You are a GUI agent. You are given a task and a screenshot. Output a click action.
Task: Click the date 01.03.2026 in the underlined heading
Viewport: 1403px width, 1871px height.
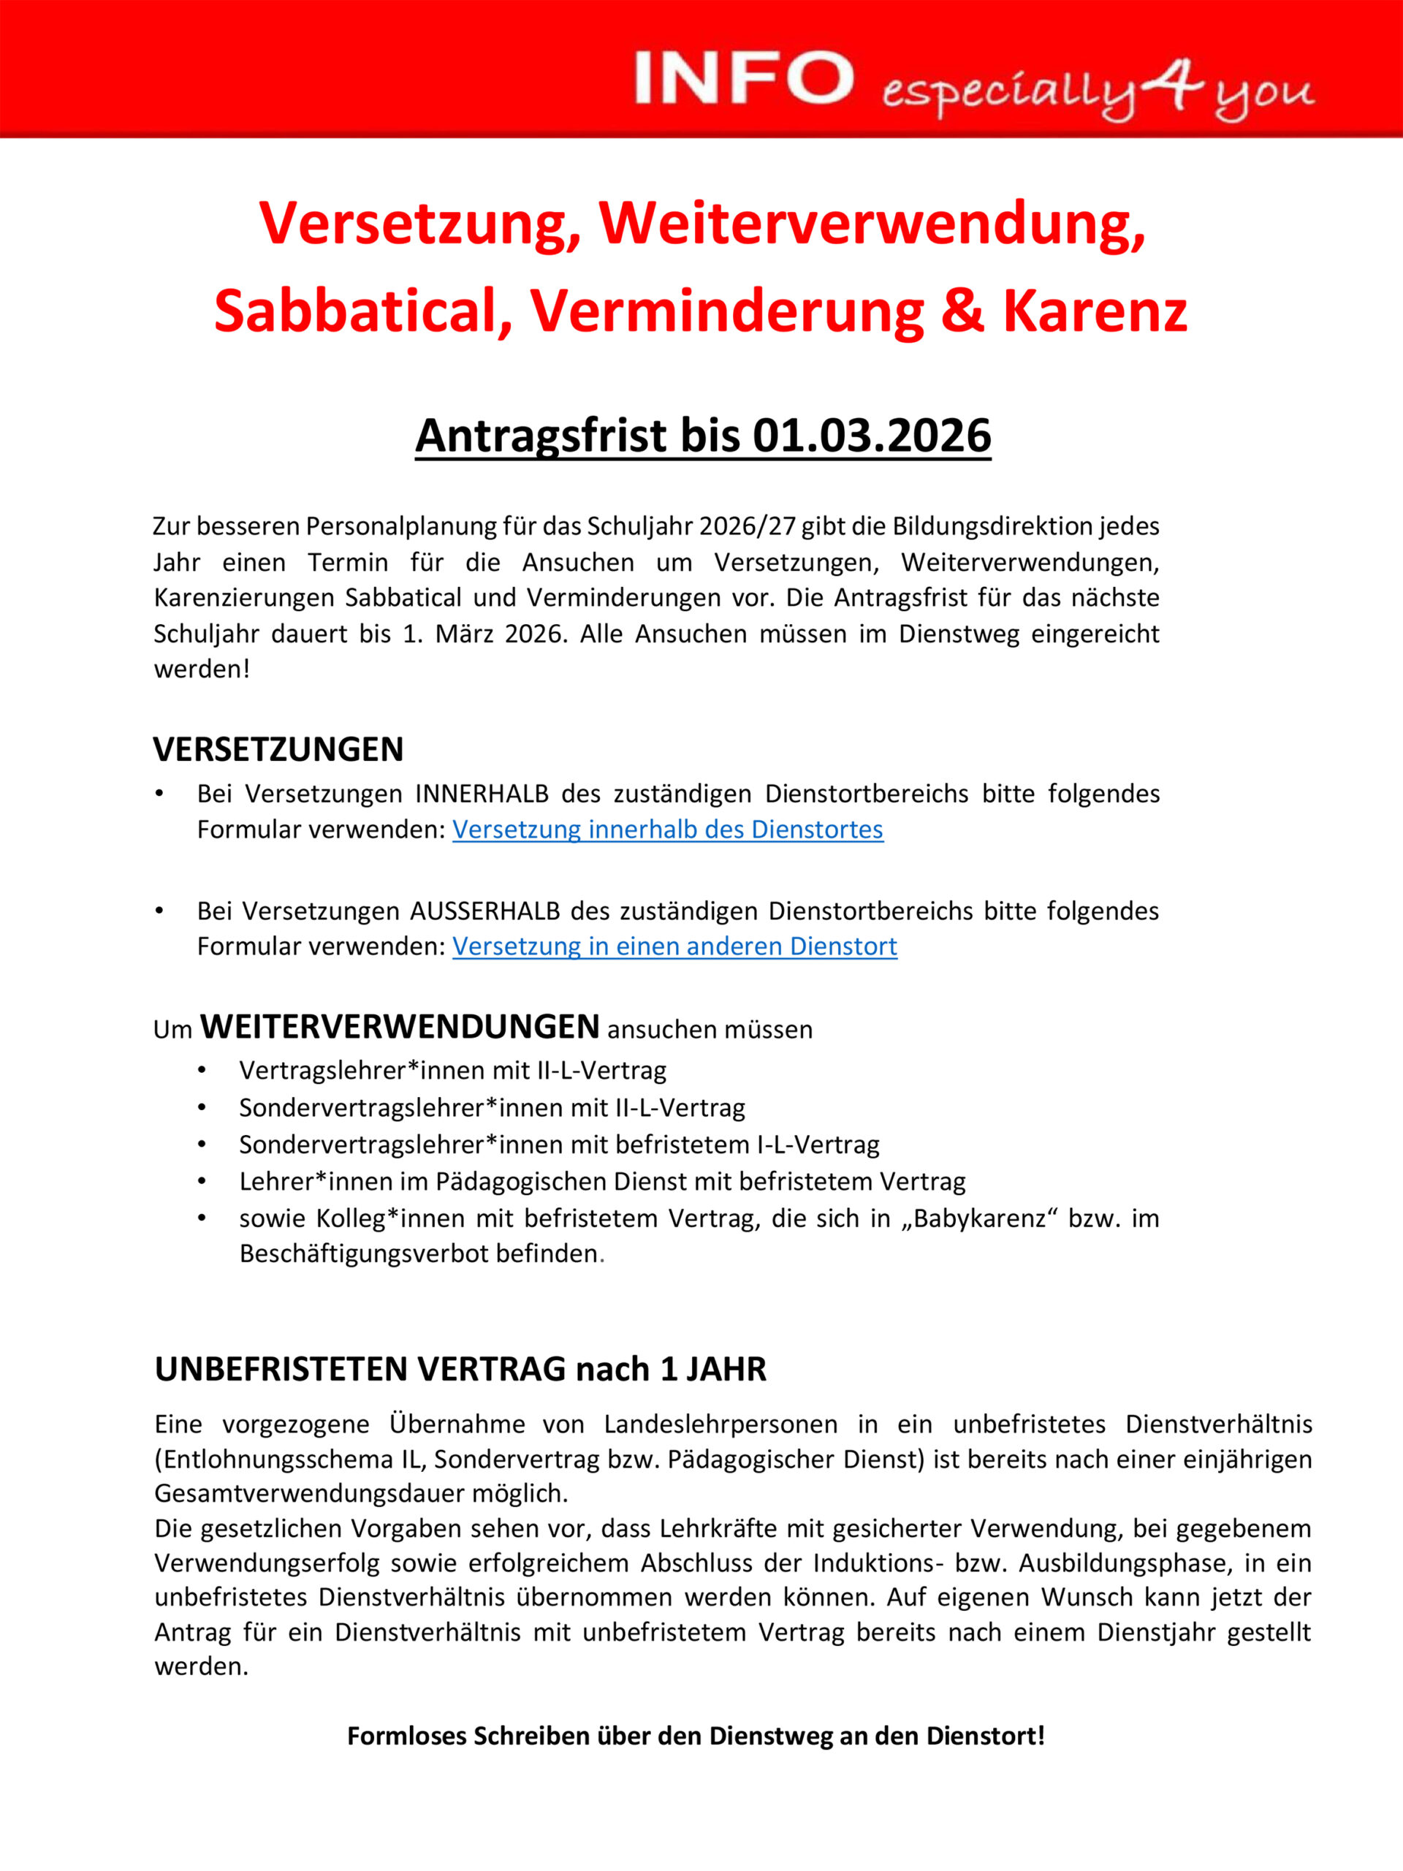tap(871, 436)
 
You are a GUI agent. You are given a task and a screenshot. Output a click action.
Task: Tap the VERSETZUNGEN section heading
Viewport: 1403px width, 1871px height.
tap(278, 749)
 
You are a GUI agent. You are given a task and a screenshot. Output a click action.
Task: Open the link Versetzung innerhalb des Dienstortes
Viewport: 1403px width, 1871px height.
tap(667, 830)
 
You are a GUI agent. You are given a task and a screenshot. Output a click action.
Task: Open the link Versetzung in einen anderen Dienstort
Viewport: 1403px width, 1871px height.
tap(674, 946)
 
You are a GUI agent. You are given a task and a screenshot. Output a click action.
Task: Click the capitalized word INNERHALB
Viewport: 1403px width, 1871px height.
tap(482, 794)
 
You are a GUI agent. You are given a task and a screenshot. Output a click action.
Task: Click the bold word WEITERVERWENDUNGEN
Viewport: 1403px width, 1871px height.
tap(399, 1027)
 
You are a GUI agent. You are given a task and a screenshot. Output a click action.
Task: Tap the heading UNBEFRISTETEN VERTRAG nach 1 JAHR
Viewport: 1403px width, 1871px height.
tap(460, 1369)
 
